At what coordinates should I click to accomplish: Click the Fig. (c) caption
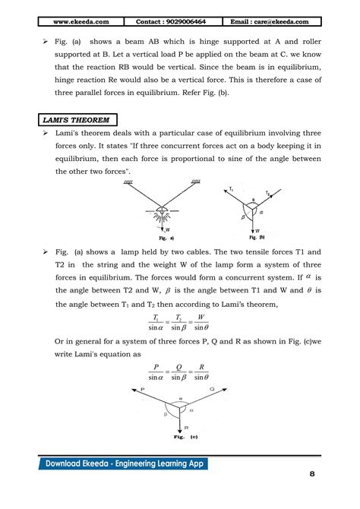[179, 438]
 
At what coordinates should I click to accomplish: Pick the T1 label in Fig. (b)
[231, 188]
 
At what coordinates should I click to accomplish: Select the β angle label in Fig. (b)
[244, 215]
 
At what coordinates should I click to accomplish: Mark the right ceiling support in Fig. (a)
[195, 182]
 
